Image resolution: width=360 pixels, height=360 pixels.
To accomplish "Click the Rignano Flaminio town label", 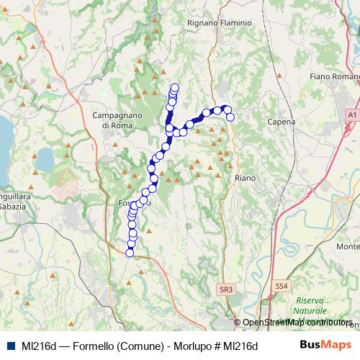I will point(219,23).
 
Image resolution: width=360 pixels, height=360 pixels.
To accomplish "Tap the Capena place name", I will point(282,122).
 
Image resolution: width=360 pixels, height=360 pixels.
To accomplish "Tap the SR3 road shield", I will point(226,289).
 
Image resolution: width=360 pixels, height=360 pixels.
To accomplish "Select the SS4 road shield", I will point(282,287).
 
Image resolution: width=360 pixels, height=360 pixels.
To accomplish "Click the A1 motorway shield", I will point(351,114).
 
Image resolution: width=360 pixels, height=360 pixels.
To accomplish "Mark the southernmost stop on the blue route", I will point(130,252).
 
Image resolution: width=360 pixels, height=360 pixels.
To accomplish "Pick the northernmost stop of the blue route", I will point(174,88).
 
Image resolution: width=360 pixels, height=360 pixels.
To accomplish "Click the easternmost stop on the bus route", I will point(230,117).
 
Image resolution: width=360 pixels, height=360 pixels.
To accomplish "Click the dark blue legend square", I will point(12,346).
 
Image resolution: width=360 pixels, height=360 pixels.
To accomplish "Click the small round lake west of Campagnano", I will point(45,158).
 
